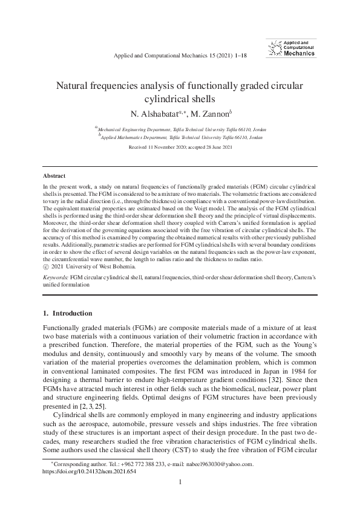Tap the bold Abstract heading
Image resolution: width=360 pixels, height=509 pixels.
tap(50, 175)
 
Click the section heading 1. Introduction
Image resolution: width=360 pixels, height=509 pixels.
tap(68, 313)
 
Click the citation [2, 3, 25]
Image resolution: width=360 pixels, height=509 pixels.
tap(90, 407)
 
